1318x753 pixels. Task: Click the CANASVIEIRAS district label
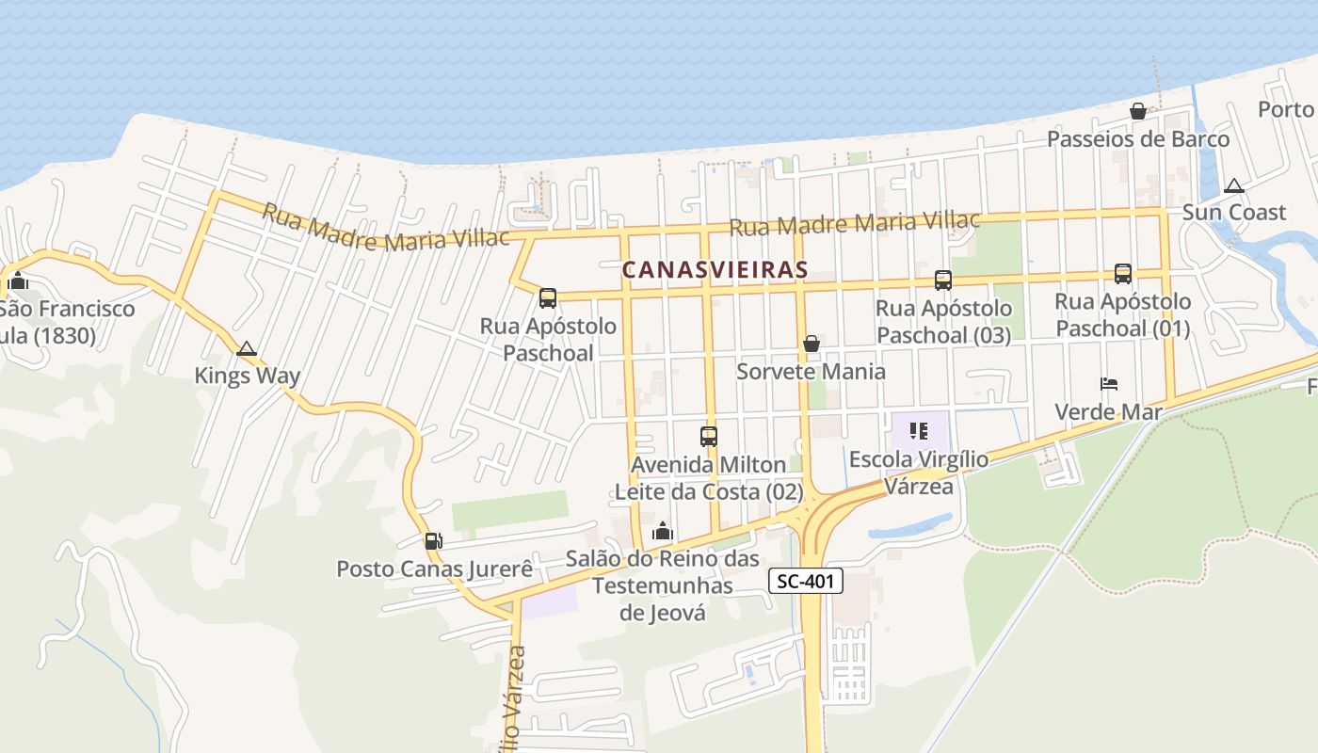[715, 270]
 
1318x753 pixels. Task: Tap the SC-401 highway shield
[806, 582]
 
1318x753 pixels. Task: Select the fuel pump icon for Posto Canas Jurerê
[433, 541]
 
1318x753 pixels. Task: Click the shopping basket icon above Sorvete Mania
[812, 344]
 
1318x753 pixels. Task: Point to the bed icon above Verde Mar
[1109, 384]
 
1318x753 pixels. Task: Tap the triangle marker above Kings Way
[247, 349]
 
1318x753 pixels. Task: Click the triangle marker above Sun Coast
[1234, 185]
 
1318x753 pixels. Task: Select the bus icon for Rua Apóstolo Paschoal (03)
[943, 280]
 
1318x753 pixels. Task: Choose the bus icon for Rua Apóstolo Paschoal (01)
[1123, 274]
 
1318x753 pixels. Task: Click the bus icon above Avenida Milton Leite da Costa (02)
[709, 437]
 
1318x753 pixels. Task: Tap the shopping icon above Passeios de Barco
[1138, 112]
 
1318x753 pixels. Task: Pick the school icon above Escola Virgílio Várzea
[919, 432]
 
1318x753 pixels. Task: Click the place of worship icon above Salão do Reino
[663, 532]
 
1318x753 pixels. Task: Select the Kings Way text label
[248, 376]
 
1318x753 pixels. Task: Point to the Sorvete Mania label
[811, 372]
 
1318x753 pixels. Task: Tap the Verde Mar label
[1108, 412]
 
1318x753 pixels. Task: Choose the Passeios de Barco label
[1138, 139]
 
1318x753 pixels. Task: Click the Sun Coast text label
[1233, 213]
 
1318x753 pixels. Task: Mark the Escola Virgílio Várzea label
[919, 473]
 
